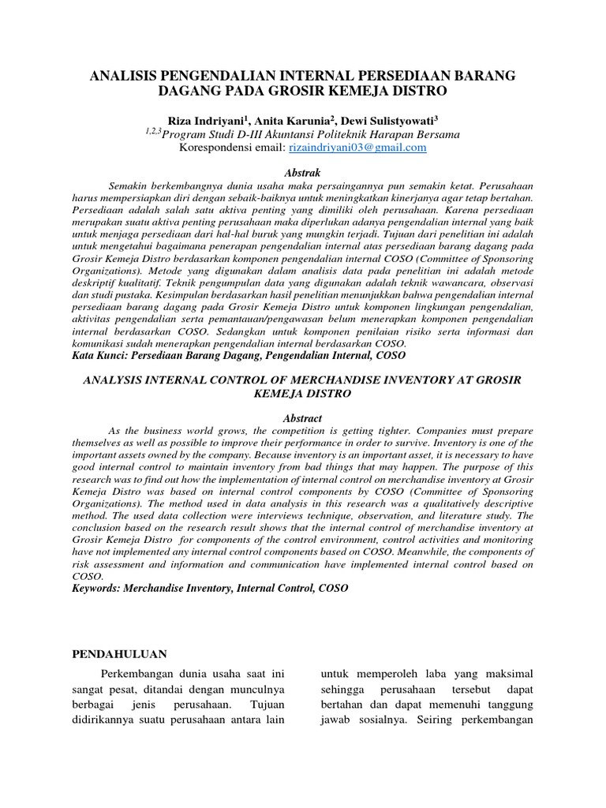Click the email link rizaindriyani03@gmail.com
357,147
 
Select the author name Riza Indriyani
212,120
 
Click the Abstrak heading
303,172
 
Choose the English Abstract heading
303,418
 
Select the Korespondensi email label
222,147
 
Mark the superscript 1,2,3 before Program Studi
153,131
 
